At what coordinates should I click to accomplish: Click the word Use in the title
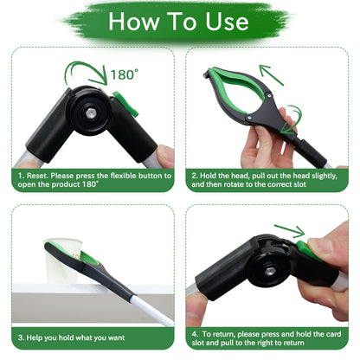tap(227, 22)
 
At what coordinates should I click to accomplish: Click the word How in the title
tap(133, 22)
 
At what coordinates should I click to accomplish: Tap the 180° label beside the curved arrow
tap(125, 74)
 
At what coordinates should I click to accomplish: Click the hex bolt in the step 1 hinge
tap(91, 112)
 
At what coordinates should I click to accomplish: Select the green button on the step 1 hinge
tap(126, 103)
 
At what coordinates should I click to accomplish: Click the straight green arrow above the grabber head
tap(271, 74)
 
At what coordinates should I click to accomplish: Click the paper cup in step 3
tap(63, 261)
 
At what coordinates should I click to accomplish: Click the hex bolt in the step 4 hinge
tap(270, 271)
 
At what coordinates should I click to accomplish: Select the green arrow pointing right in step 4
tap(289, 230)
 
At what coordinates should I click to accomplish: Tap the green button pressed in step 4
tap(307, 250)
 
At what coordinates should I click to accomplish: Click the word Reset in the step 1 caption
tap(37, 176)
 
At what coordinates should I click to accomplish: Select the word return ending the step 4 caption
tap(294, 343)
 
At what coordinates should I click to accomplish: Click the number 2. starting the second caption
tap(195, 176)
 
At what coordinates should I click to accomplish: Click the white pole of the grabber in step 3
tap(152, 311)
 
